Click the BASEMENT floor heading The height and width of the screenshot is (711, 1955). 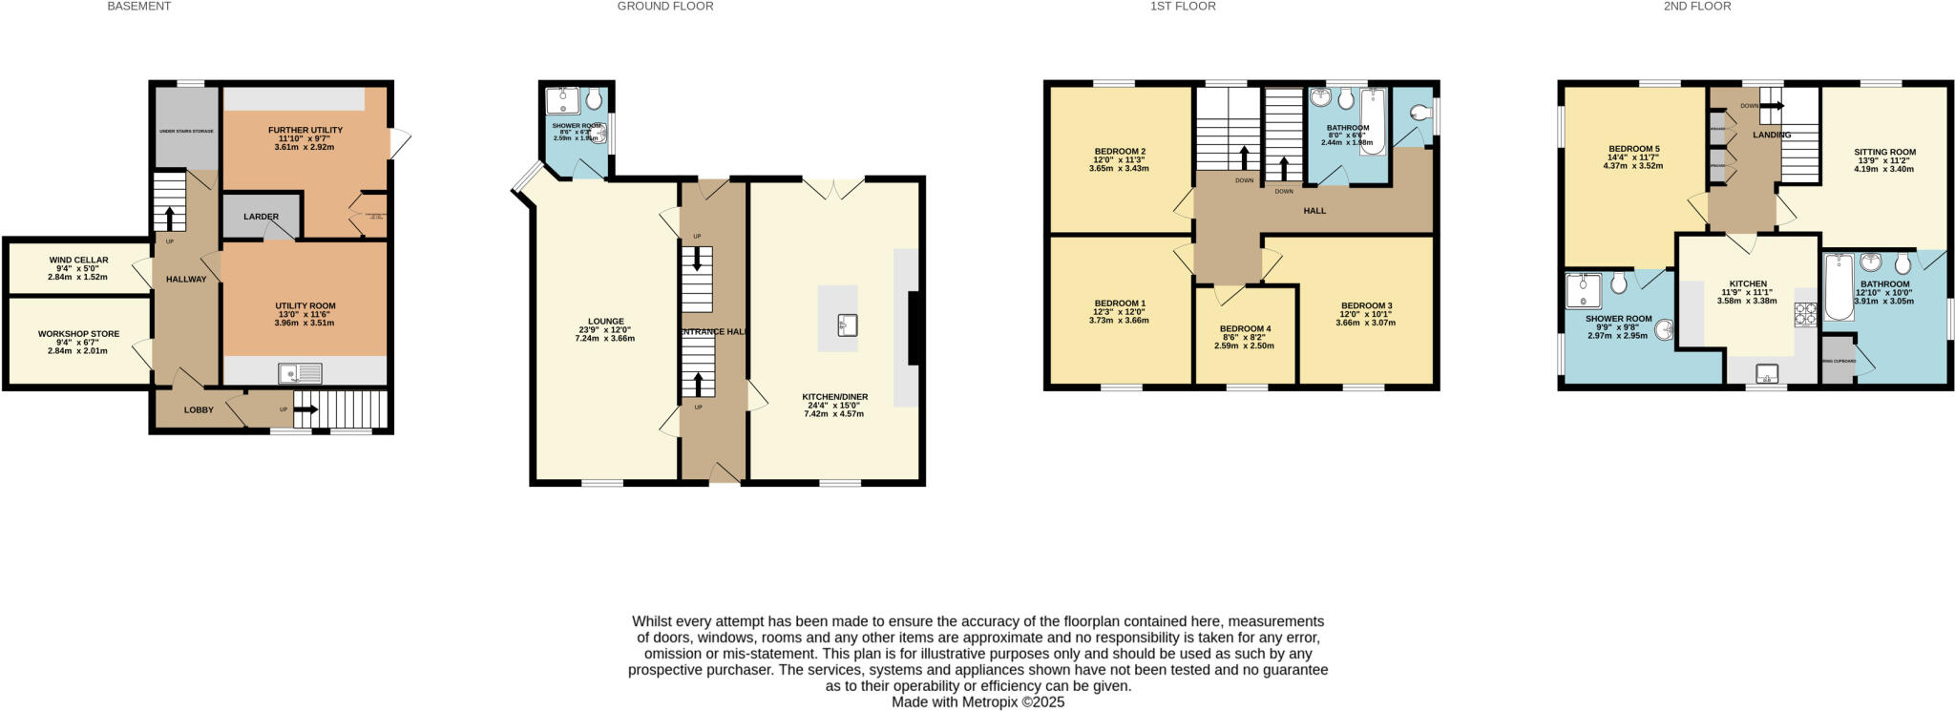138,6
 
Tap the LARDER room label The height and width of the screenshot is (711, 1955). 261,217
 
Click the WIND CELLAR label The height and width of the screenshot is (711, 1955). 78,260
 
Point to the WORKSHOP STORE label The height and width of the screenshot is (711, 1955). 78,334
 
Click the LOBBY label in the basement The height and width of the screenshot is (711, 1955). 199,409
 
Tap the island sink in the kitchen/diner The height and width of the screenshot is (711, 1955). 845,325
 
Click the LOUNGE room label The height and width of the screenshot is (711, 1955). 605,322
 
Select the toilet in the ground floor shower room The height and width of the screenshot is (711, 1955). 594,97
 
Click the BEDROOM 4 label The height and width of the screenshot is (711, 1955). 1245,328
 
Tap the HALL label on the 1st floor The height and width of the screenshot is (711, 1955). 1314,210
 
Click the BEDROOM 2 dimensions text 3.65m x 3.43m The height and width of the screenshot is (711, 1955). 1119,169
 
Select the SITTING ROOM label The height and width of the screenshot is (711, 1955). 1884,152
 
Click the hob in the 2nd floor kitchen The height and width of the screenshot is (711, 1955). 1805,314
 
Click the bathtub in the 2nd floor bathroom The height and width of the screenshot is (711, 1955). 1838,286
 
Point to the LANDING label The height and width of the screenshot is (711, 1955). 1771,135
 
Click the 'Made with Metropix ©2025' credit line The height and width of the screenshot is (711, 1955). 977,701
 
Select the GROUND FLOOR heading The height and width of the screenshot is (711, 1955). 664,6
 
